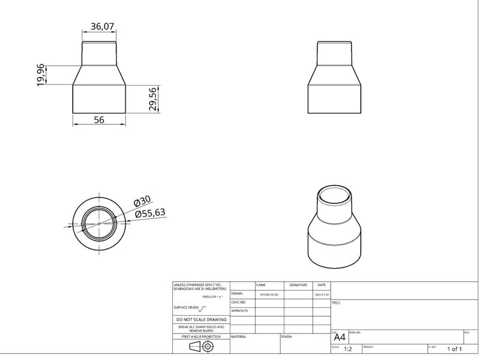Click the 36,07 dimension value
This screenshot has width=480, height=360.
tap(102, 26)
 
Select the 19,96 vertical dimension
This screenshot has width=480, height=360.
tap(41, 75)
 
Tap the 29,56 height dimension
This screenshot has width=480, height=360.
tap(153, 99)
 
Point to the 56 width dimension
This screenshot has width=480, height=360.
tap(99, 120)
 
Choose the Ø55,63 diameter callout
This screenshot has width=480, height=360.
tap(150, 213)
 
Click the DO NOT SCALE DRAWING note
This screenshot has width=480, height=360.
tap(201, 320)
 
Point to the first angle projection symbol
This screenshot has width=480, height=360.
tap(201, 347)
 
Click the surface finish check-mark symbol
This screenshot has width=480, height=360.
tap(202, 308)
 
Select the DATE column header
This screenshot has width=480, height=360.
tap(322, 285)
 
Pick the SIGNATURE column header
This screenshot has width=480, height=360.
tap(298, 285)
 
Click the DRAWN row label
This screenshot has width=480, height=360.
tap(236, 294)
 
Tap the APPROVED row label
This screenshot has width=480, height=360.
tap(239, 311)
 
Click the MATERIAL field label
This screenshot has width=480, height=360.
tap(239, 337)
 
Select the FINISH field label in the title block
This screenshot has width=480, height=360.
tap(287, 337)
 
